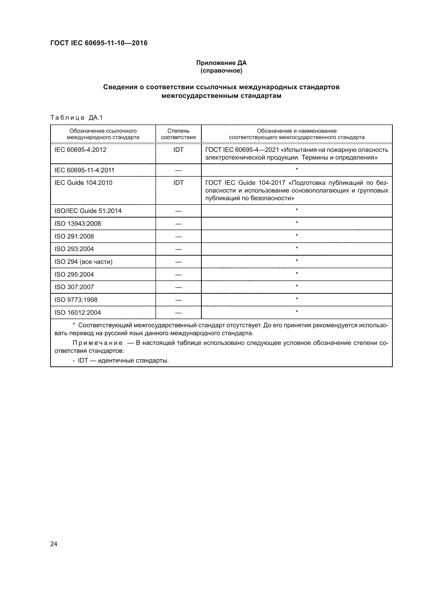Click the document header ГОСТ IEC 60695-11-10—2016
click(x=99, y=43)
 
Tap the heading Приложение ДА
click(x=221, y=63)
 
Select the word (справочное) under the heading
click(x=221, y=71)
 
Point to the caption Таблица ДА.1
click(x=76, y=118)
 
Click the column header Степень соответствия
click(x=178, y=134)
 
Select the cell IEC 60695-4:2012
click(x=80, y=150)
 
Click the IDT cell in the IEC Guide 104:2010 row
click(x=178, y=183)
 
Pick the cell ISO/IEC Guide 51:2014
click(x=88, y=211)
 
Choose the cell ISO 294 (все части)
click(x=83, y=262)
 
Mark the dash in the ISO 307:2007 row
click(x=178, y=287)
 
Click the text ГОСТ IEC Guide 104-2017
click(x=245, y=183)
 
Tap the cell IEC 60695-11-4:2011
click(x=84, y=170)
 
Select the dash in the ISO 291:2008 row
click(x=178, y=237)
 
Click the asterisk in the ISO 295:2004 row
click(x=297, y=274)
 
